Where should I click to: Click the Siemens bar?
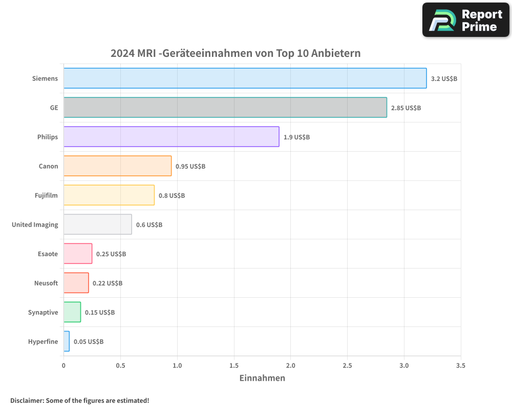pyautogui.click(x=245, y=78)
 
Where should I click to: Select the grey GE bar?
pyautogui.click(x=225, y=108)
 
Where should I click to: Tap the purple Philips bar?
pyautogui.click(x=171, y=137)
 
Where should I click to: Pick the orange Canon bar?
pyautogui.click(x=117, y=166)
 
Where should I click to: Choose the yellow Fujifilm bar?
pyautogui.click(x=109, y=195)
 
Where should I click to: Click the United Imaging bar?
pyautogui.click(x=97, y=224)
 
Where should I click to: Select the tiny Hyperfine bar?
pyautogui.click(x=67, y=341)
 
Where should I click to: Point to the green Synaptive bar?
pyautogui.click(x=72, y=312)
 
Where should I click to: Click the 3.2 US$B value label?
pyautogui.click(x=444, y=79)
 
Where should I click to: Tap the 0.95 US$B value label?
pyautogui.click(x=190, y=167)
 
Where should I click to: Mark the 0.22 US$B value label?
pyautogui.click(x=108, y=283)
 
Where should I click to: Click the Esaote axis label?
pyautogui.click(x=48, y=254)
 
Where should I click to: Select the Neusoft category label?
pyautogui.click(x=46, y=283)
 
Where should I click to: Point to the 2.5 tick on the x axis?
pyautogui.click(x=347, y=366)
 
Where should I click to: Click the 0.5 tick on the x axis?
pyautogui.click(x=120, y=366)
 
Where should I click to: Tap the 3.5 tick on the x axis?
pyautogui.click(x=460, y=366)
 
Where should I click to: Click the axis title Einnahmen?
pyautogui.click(x=262, y=378)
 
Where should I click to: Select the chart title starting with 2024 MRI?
pyautogui.click(x=236, y=53)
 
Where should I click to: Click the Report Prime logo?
pyautogui.click(x=466, y=20)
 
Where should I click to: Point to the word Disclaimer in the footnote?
pyautogui.click(x=27, y=401)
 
